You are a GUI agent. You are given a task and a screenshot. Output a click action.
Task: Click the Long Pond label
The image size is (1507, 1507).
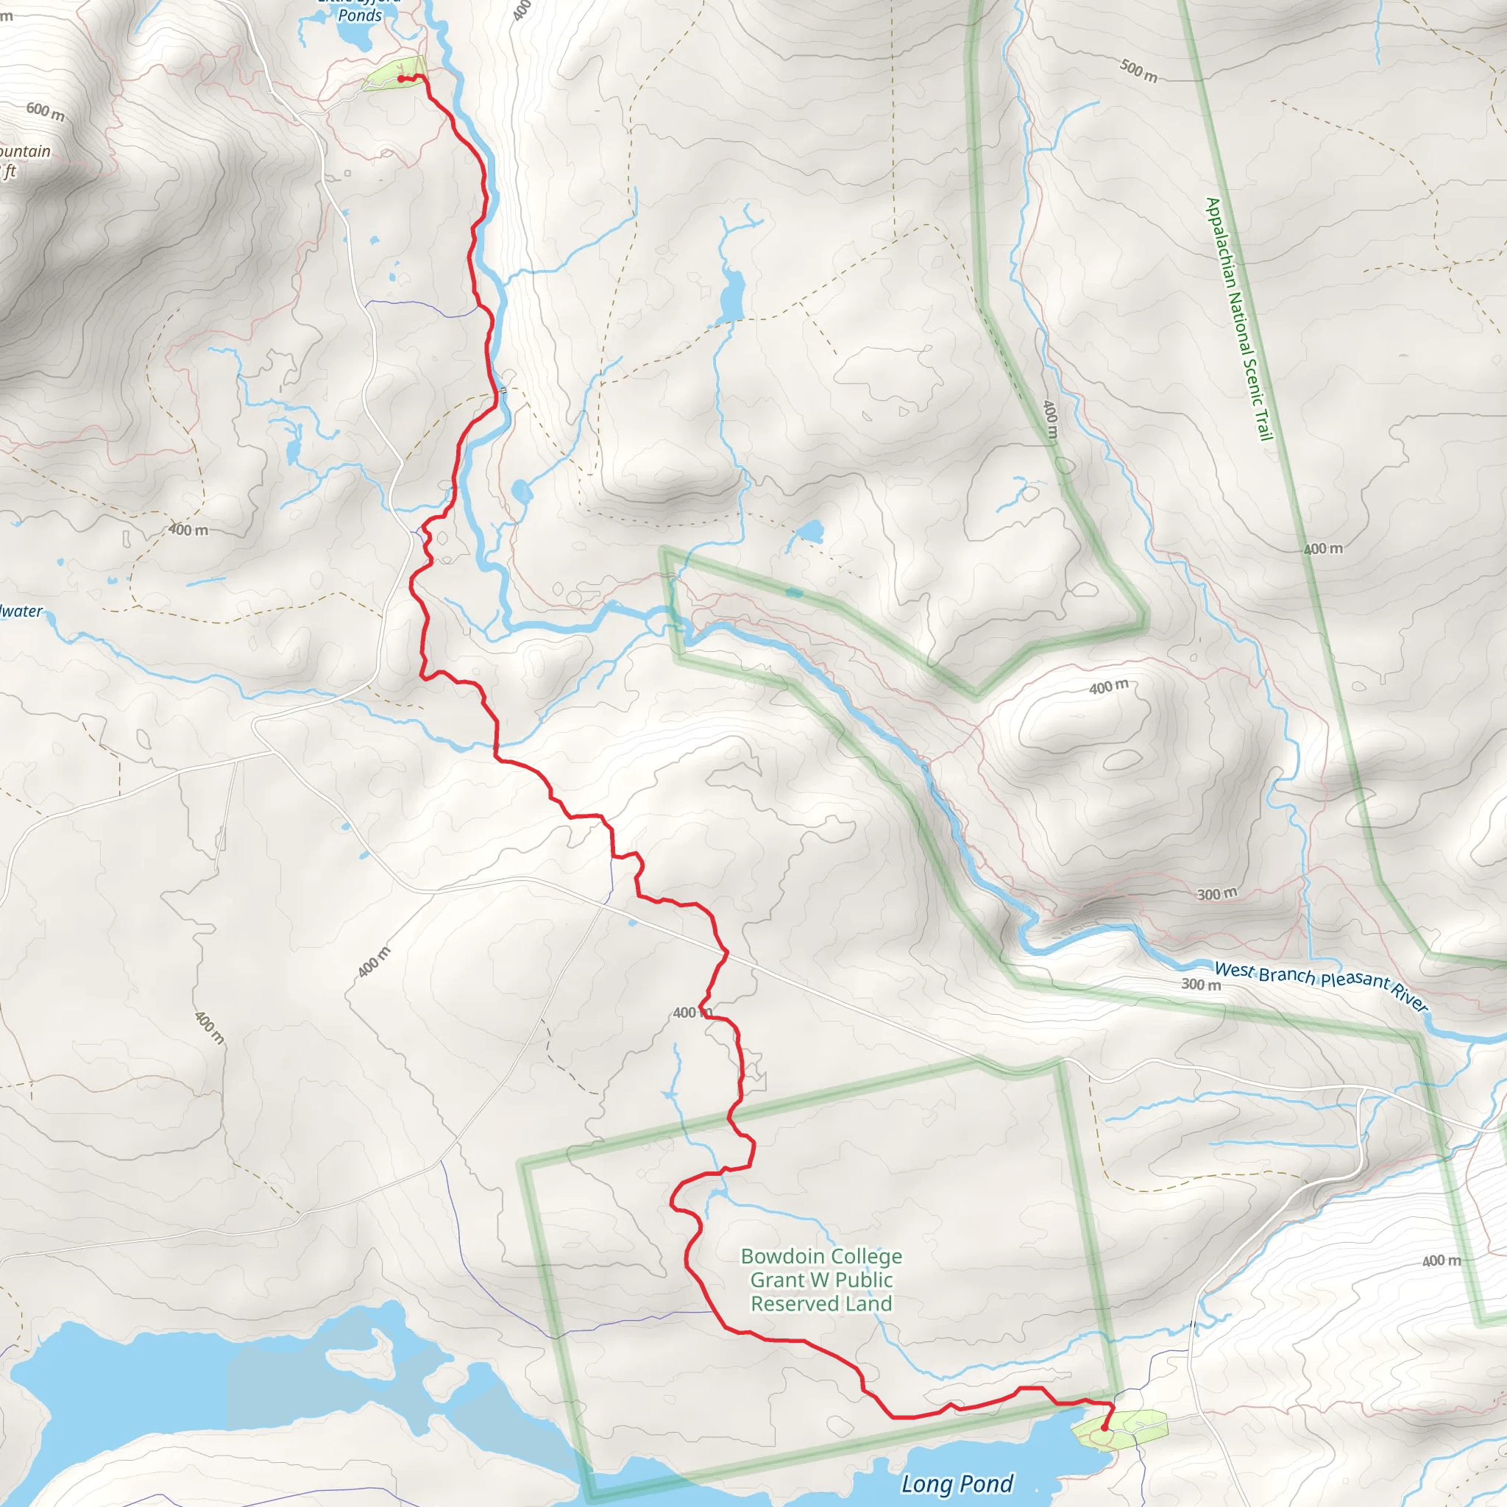click(x=957, y=1483)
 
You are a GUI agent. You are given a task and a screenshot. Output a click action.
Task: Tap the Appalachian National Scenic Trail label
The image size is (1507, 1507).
click(x=1238, y=319)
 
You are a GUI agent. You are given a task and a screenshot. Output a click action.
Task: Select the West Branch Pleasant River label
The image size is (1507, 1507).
click(x=1322, y=986)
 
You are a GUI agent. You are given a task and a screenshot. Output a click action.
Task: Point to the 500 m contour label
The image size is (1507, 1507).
click(x=1139, y=71)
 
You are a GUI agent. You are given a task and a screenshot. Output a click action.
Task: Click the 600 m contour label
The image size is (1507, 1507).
click(x=45, y=111)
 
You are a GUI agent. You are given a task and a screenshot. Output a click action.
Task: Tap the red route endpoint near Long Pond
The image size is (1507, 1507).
click(x=1104, y=1428)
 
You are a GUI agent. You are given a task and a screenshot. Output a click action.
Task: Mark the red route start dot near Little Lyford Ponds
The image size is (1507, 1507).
click(x=401, y=79)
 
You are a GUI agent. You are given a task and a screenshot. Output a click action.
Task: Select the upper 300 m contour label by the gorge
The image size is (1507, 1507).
click(x=1217, y=894)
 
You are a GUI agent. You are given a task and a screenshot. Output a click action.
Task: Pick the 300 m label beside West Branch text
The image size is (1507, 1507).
click(x=1200, y=985)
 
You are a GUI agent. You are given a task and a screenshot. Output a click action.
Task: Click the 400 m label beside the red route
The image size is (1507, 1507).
click(x=691, y=1013)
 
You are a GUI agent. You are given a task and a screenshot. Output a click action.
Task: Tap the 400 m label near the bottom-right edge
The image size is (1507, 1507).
click(x=1442, y=1260)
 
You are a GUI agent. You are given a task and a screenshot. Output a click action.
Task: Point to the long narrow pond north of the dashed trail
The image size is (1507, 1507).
click(x=731, y=295)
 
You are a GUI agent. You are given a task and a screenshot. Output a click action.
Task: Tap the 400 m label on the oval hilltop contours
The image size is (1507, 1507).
click(x=1108, y=687)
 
